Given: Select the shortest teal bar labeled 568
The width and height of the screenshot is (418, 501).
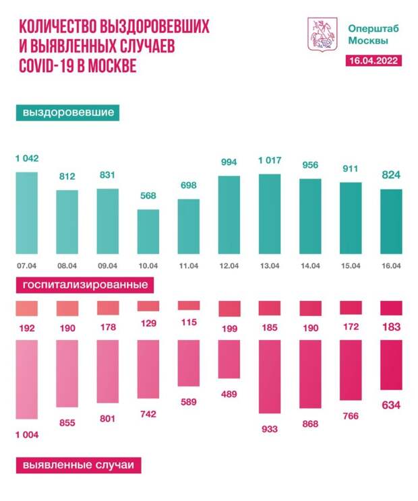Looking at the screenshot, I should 148,230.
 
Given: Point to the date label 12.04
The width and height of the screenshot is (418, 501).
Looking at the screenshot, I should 230,265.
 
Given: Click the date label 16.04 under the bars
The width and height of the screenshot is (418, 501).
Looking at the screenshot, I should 392,265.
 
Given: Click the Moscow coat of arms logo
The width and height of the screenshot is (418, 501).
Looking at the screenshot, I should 319,34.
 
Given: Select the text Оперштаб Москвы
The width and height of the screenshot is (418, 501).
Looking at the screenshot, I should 367,34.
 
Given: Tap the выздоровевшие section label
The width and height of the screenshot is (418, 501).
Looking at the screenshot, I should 67,112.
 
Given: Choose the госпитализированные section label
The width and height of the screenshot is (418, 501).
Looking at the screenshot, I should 85,285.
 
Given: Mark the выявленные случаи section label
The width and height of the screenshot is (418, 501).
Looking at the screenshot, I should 77,465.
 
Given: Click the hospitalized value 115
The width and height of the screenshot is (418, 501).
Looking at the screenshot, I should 189,322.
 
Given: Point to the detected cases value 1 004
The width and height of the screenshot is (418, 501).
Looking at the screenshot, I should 27,434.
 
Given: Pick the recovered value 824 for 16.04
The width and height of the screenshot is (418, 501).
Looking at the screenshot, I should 392,176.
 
